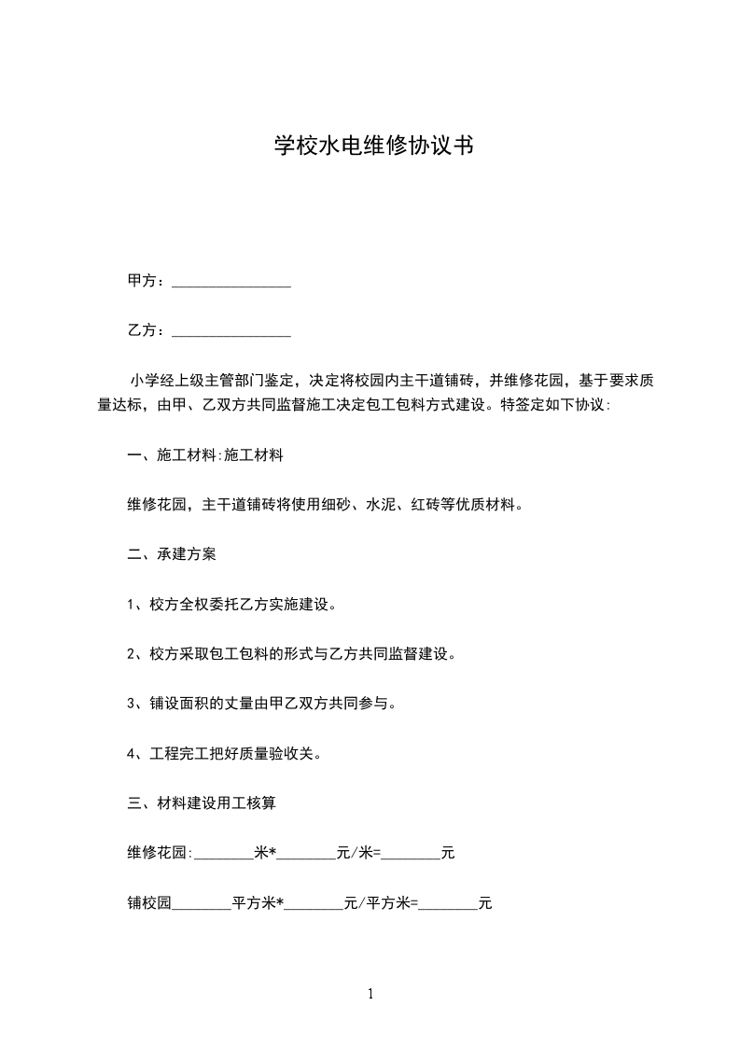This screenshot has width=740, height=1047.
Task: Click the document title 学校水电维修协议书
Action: (x=370, y=146)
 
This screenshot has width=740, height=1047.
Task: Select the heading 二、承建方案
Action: (x=172, y=554)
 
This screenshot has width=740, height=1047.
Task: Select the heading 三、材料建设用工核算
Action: (x=201, y=802)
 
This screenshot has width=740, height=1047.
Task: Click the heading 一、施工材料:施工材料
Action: (x=205, y=455)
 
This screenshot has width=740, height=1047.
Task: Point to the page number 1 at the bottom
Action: (x=370, y=994)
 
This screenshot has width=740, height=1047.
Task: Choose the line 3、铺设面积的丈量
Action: (x=261, y=703)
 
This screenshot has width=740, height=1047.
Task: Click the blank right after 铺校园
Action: (x=202, y=904)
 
